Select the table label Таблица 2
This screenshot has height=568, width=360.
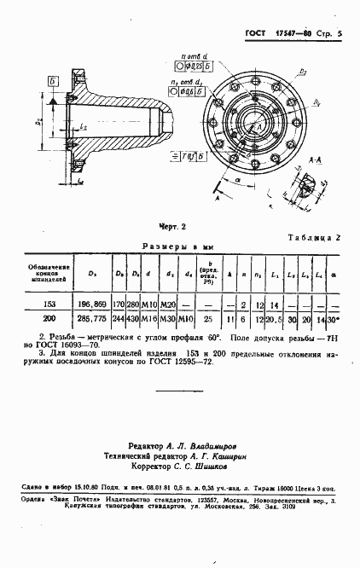pyautogui.click(x=315, y=240)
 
